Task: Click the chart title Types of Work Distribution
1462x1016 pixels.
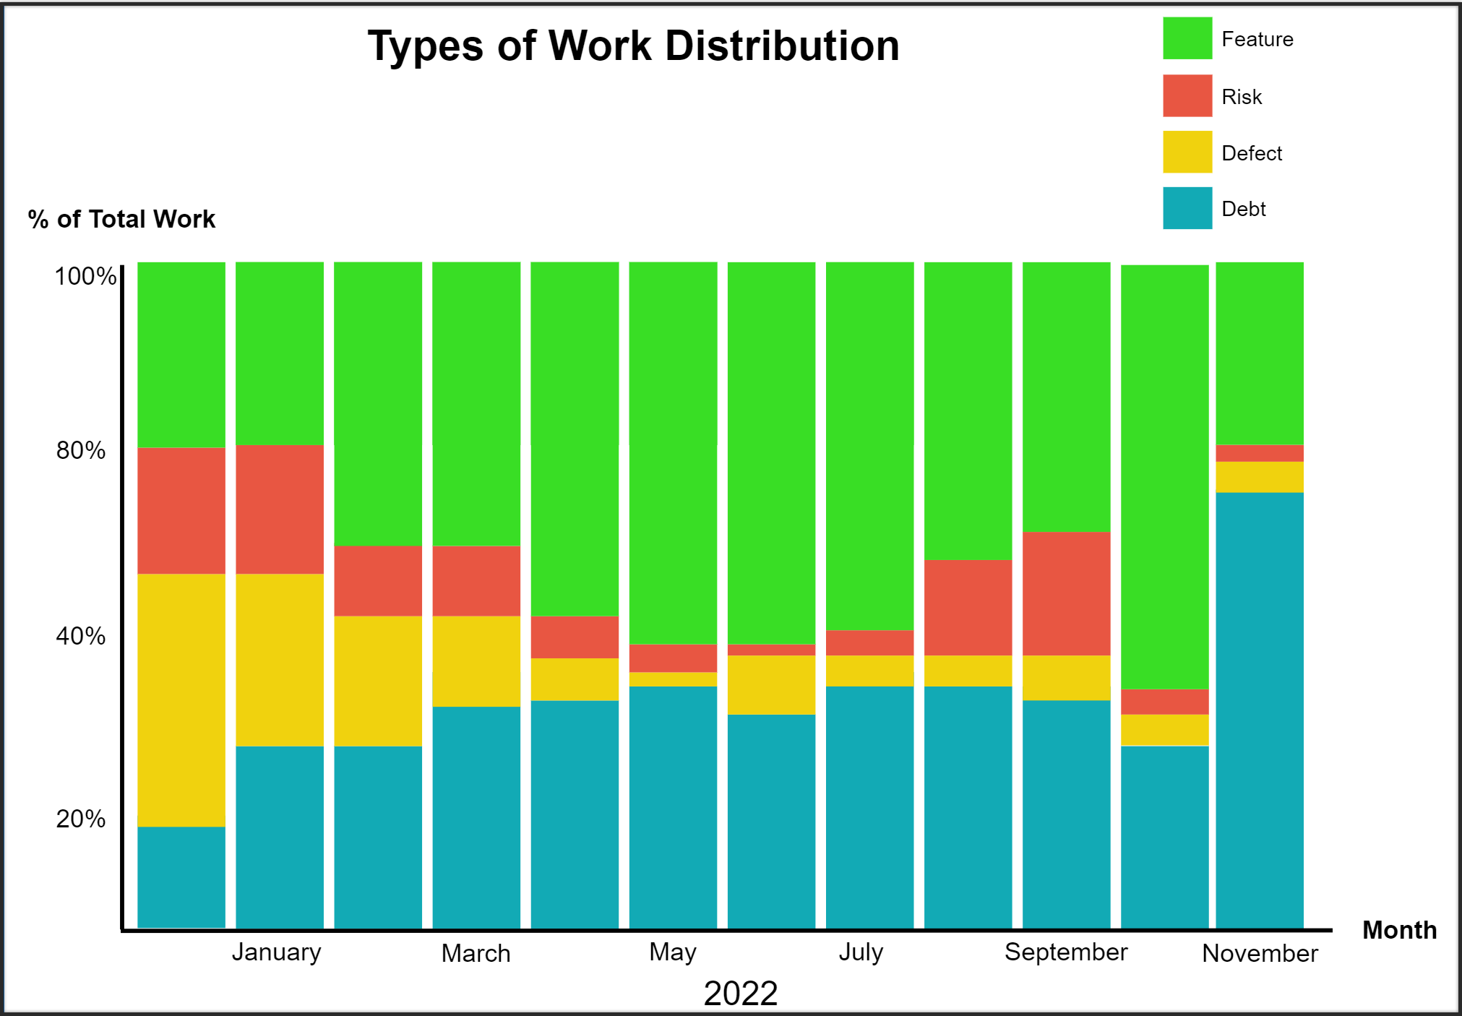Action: point(633,46)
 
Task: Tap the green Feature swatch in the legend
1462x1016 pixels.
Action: point(1187,38)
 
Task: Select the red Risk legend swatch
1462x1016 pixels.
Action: point(1187,95)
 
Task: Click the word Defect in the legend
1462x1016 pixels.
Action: point(1251,153)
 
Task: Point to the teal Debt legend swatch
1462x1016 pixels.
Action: point(1187,208)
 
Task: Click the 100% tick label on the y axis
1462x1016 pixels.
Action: point(85,276)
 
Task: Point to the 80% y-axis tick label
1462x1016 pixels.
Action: point(80,450)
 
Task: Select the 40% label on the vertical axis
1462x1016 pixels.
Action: point(80,636)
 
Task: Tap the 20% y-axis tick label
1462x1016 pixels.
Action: point(80,819)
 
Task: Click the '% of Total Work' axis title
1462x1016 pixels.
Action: point(121,219)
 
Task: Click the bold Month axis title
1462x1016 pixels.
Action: point(1398,930)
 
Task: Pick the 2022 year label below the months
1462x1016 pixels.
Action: point(740,993)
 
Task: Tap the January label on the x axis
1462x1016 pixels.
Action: point(276,952)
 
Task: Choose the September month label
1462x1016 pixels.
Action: point(1065,952)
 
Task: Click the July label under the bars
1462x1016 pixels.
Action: point(861,952)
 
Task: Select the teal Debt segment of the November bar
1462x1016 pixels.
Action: point(1259,708)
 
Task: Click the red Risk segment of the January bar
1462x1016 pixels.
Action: point(280,509)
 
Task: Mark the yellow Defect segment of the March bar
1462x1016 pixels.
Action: point(476,660)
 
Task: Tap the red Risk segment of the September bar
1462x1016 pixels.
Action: point(1066,593)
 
